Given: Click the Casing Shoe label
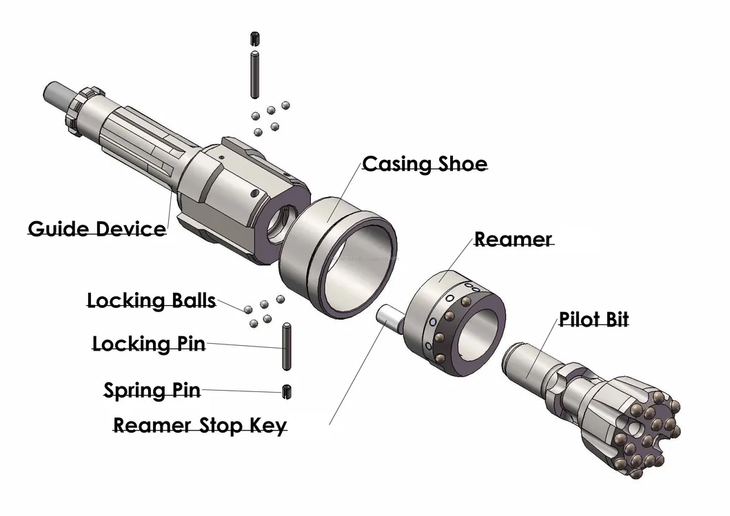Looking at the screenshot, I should click(425, 164).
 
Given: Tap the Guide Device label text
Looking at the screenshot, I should click(97, 228).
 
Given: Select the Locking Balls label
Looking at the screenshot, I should click(151, 301).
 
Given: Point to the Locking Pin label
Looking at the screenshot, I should click(149, 343).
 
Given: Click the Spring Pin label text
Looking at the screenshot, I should click(152, 391).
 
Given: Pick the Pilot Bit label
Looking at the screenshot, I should click(593, 320).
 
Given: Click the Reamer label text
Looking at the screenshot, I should click(513, 240).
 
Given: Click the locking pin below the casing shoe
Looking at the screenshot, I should click(285, 347).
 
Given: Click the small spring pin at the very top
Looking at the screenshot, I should click(254, 38).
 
